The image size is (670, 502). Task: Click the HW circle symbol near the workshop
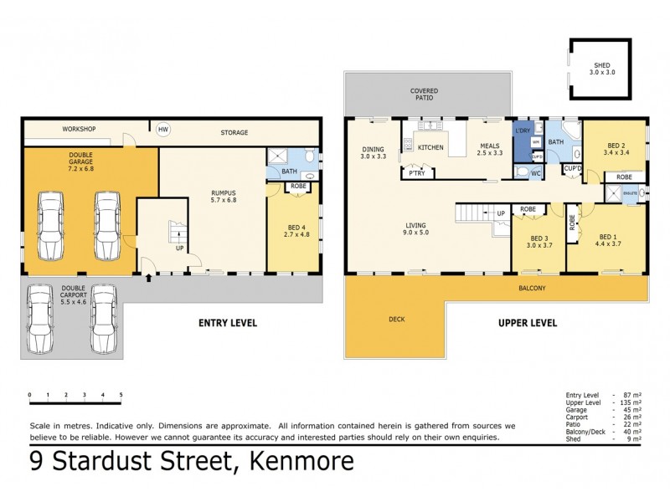163,130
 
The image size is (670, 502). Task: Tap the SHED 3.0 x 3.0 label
602,69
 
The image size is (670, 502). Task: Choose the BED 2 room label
616,149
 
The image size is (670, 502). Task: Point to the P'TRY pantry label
414,173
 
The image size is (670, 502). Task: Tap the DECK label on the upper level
396,319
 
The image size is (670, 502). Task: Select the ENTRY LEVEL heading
227,322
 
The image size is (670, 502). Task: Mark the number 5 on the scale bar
121,393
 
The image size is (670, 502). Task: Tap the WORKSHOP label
80,130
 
